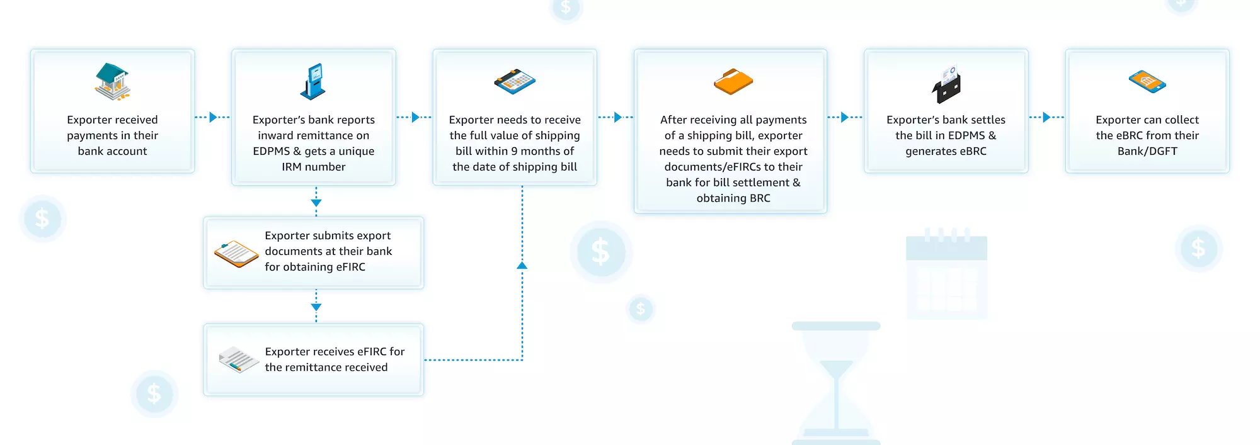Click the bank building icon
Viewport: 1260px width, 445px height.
point(112,82)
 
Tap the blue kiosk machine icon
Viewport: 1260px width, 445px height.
point(313,82)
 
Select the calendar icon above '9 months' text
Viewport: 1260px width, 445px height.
point(515,82)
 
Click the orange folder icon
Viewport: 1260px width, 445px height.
point(733,82)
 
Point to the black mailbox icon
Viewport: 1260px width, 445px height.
point(946,86)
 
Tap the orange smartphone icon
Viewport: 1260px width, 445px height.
point(1147,82)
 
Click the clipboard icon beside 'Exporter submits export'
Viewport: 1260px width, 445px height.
point(236,253)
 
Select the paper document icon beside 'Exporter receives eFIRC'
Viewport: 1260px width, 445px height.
point(239,359)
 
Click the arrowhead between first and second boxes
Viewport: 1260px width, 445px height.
point(213,117)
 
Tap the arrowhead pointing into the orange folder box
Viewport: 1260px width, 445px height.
point(617,117)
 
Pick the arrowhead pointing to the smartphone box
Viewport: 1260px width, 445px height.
point(1046,117)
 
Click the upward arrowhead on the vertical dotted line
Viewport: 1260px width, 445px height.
point(522,266)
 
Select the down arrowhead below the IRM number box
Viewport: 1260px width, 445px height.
point(316,203)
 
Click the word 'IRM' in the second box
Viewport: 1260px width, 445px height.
point(292,167)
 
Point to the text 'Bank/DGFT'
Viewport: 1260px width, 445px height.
point(1147,151)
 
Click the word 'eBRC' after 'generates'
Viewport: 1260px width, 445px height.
point(971,151)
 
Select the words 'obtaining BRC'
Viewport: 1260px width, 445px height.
point(733,198)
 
